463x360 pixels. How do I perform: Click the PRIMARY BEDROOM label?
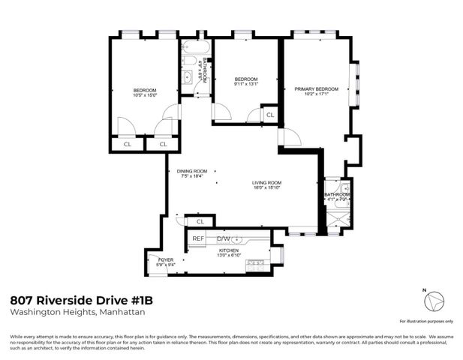[x=316, y=89]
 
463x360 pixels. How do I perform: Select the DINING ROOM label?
[x=191, y=171]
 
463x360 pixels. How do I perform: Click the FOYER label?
[x=165, y=259]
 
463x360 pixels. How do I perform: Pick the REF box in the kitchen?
[x=198, y=239]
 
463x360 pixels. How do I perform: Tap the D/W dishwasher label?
[x=224, y=239]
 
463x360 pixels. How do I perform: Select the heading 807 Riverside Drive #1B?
[x=84, y=299]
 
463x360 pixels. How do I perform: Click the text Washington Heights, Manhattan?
[x=77, y=313]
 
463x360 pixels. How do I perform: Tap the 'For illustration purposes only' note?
[x=426, y=321]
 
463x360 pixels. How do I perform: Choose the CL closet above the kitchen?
[x=200, y=222]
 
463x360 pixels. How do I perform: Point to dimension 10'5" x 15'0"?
[x=145, y=95]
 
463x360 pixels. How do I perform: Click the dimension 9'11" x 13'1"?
[x=245, y=85]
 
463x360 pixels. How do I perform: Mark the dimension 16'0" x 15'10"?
[x=266, y=188]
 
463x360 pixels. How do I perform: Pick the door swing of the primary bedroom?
[x=290, y=138]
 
